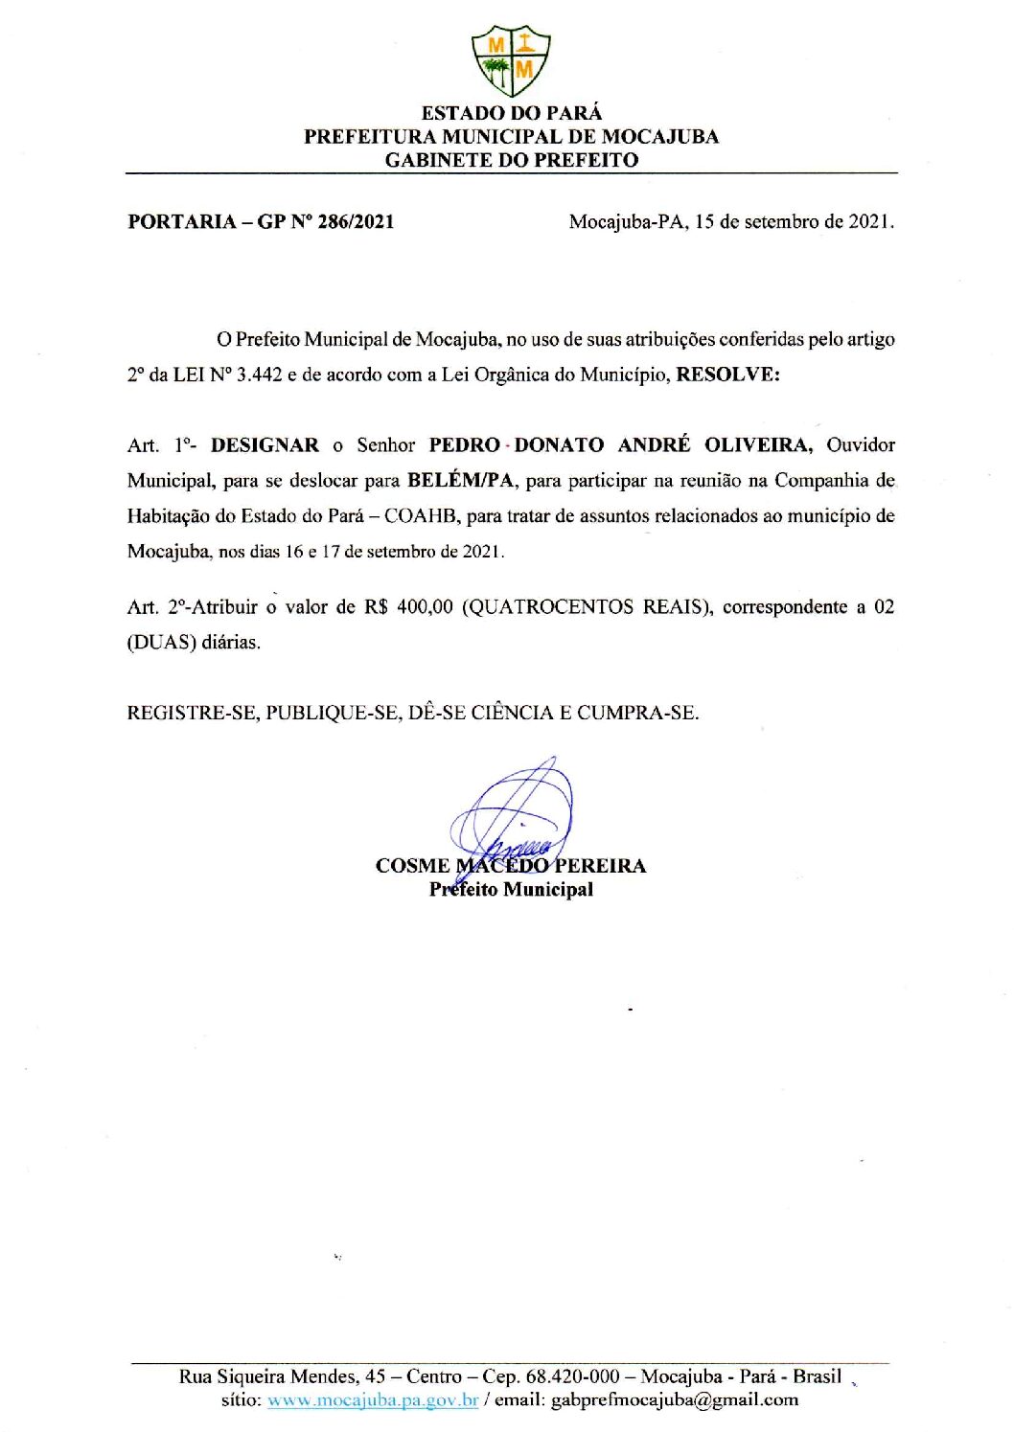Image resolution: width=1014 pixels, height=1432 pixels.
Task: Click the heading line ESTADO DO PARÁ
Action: (511, 113)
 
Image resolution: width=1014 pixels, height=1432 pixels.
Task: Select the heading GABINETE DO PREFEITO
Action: (511, 160)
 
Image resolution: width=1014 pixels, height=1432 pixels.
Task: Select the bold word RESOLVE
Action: (727, 375)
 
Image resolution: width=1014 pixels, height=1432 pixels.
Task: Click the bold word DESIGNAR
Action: (265, 445)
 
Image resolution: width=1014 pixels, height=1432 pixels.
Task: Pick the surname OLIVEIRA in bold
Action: (758, 445)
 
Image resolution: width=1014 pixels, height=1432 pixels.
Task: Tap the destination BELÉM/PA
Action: (460, 481)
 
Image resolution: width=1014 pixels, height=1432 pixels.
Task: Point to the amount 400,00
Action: (424, 607)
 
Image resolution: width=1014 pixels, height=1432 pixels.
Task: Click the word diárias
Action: (230, 643)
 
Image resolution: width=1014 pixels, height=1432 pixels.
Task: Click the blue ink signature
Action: (514, 814)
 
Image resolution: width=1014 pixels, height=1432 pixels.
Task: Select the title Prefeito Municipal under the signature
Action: (511, 890)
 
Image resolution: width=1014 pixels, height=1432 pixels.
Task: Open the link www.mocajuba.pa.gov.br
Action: (373, 1400)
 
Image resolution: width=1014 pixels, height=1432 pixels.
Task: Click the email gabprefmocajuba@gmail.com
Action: (675, 1400)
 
